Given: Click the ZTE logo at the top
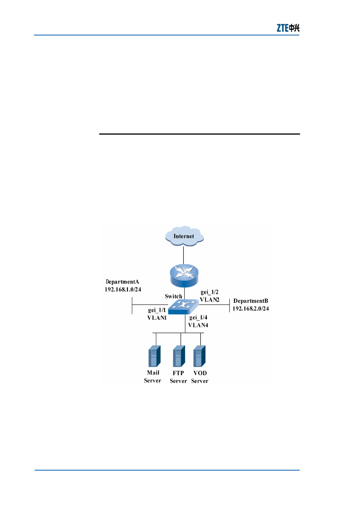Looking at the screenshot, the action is click(288, 28).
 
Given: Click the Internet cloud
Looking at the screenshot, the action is click(184, 236).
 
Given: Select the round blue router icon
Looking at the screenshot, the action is click(184, 275).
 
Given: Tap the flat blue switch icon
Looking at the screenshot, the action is click(183, 307).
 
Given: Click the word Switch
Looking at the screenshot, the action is click(173, 296).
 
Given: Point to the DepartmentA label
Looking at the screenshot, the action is click(122, 282).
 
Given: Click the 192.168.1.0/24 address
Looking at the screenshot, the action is click(123, 289).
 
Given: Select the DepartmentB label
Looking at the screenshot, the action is click(251, 301).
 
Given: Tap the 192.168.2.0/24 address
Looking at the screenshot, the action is click(251, 308).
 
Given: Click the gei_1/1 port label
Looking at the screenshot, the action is click(157, 310).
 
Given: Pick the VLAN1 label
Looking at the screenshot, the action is click(157, 318).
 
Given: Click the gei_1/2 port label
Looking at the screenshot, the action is click(209, 292).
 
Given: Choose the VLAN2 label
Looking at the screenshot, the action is click(209, 300).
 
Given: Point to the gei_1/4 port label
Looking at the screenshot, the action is click(198, 317).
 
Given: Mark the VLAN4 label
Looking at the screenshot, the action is click(198, 325).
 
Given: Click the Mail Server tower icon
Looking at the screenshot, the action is click(154, 356).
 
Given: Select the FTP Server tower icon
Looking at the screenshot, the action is click(179, 356).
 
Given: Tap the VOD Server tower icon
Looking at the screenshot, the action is click(200, 356).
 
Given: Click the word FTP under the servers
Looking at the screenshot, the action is click(178, 373).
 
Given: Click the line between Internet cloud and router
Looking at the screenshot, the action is click(183, 255).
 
